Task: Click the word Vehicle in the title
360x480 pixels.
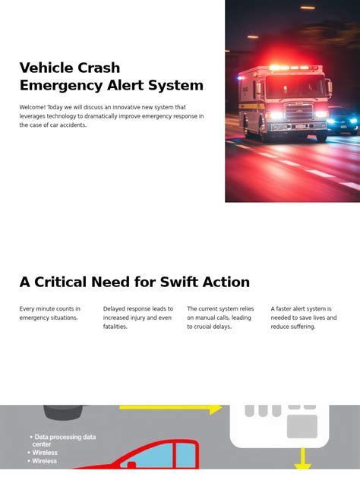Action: (46, 68)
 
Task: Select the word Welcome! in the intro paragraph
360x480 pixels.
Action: (32, 108)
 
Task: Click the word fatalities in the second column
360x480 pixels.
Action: (115, 327)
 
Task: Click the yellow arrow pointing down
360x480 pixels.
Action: (303, 459)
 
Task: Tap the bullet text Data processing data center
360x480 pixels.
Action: (65, 441)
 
